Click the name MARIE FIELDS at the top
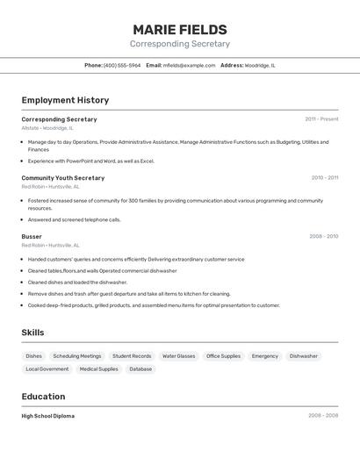tap(180, 30)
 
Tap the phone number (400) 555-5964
tap(122, 65)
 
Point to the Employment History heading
tap(65, 100)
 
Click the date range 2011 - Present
tap(321, 119)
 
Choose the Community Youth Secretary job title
tap(63, 178)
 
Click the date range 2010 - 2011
tap(324, 178)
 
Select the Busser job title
tap(32, 237)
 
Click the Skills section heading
tap(32, 333)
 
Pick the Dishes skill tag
tap(33, 356)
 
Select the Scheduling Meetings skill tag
tap(77, 356)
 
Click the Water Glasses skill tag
tap(178, 356)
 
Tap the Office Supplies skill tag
tap(223, 356)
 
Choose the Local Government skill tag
tap(47, 369)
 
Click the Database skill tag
tap(140, 369)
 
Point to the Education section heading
tap(43, 397)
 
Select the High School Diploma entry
tap(48, 416)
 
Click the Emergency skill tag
tap(264, 356)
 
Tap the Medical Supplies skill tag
tap(98, 369)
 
